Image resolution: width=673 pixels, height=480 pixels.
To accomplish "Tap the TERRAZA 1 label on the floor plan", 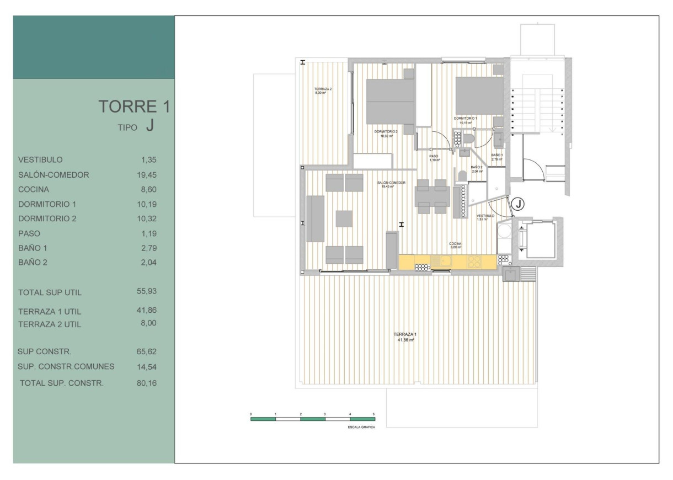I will pyautogui.click(x=405, y=335).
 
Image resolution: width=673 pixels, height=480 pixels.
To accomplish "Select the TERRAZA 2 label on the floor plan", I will pyautogui.click(x=323, y=89).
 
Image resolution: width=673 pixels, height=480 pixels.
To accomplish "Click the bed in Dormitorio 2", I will pyautogui.click(x=391, y=100).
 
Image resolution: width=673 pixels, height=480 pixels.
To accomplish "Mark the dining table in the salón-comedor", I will pyautogui.click(x=432, y=196).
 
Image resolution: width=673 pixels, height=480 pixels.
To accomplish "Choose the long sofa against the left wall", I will pyautogui.click(x=316, y=218).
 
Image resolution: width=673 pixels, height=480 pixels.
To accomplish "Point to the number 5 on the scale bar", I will pyautogui.click(x=374, y=413).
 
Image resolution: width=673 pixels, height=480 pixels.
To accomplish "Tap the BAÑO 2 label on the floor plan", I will pyautogui.click(x=477, y=167).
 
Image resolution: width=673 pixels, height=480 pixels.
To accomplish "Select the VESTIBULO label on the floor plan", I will pyautogui.click(x=485, y=216).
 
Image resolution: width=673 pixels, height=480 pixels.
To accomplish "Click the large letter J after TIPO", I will pyautogui.click(x=149, y=126).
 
